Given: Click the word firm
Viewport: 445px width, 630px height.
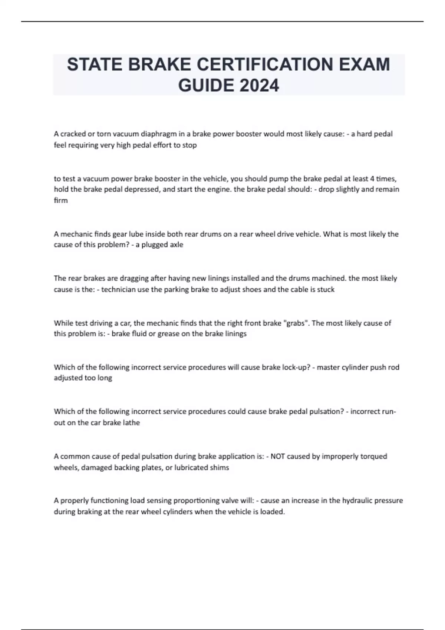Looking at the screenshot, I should (61, 200).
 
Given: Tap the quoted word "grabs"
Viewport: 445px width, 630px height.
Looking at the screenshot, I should (296, 323).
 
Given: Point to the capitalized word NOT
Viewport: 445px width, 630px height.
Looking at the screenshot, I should (278, 456).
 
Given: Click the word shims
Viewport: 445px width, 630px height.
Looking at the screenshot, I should (220, 468).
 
